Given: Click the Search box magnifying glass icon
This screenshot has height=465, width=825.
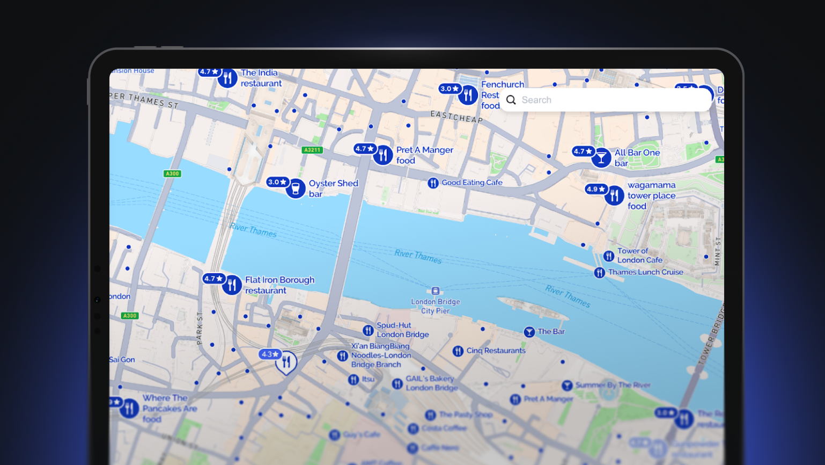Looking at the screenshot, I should [x=511, y=100].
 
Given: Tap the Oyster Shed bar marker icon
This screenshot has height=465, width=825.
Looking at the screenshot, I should [x=296, y=188].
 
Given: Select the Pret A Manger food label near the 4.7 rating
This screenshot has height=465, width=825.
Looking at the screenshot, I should [x=424, y=155].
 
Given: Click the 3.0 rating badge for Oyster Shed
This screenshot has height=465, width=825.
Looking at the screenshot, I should [x=277, y=182].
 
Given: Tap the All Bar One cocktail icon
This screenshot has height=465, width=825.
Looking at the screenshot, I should [x=601, y=158].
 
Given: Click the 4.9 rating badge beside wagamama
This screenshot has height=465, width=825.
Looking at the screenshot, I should [x=595, y=189].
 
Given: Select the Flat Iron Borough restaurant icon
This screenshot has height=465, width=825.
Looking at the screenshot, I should [x=232, y=285].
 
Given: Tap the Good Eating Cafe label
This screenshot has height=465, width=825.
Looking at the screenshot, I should [x=472, y=183].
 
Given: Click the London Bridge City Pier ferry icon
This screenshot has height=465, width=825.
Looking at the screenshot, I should [x=436, y=291].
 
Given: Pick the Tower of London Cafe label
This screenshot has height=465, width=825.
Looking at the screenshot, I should [x=639, y=256].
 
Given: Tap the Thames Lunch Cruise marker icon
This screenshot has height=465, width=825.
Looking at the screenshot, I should [x=600, y=273].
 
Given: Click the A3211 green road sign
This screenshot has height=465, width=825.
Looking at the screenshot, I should [x=312, y=150].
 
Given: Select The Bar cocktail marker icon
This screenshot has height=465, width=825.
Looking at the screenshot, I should [x=529, y=332].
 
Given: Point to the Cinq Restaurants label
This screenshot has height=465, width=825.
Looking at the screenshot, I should [x=496, y=351].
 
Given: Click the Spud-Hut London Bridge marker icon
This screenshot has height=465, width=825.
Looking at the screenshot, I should [x=368, y=330].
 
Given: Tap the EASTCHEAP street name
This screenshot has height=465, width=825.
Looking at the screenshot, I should [x=456, y=117].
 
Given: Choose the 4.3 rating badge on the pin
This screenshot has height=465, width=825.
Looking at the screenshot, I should [x=269, y=354].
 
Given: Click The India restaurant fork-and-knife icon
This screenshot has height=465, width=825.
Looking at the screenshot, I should [x=227, y=78].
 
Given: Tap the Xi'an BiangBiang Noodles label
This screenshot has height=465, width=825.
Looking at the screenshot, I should [x=381, y=355].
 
